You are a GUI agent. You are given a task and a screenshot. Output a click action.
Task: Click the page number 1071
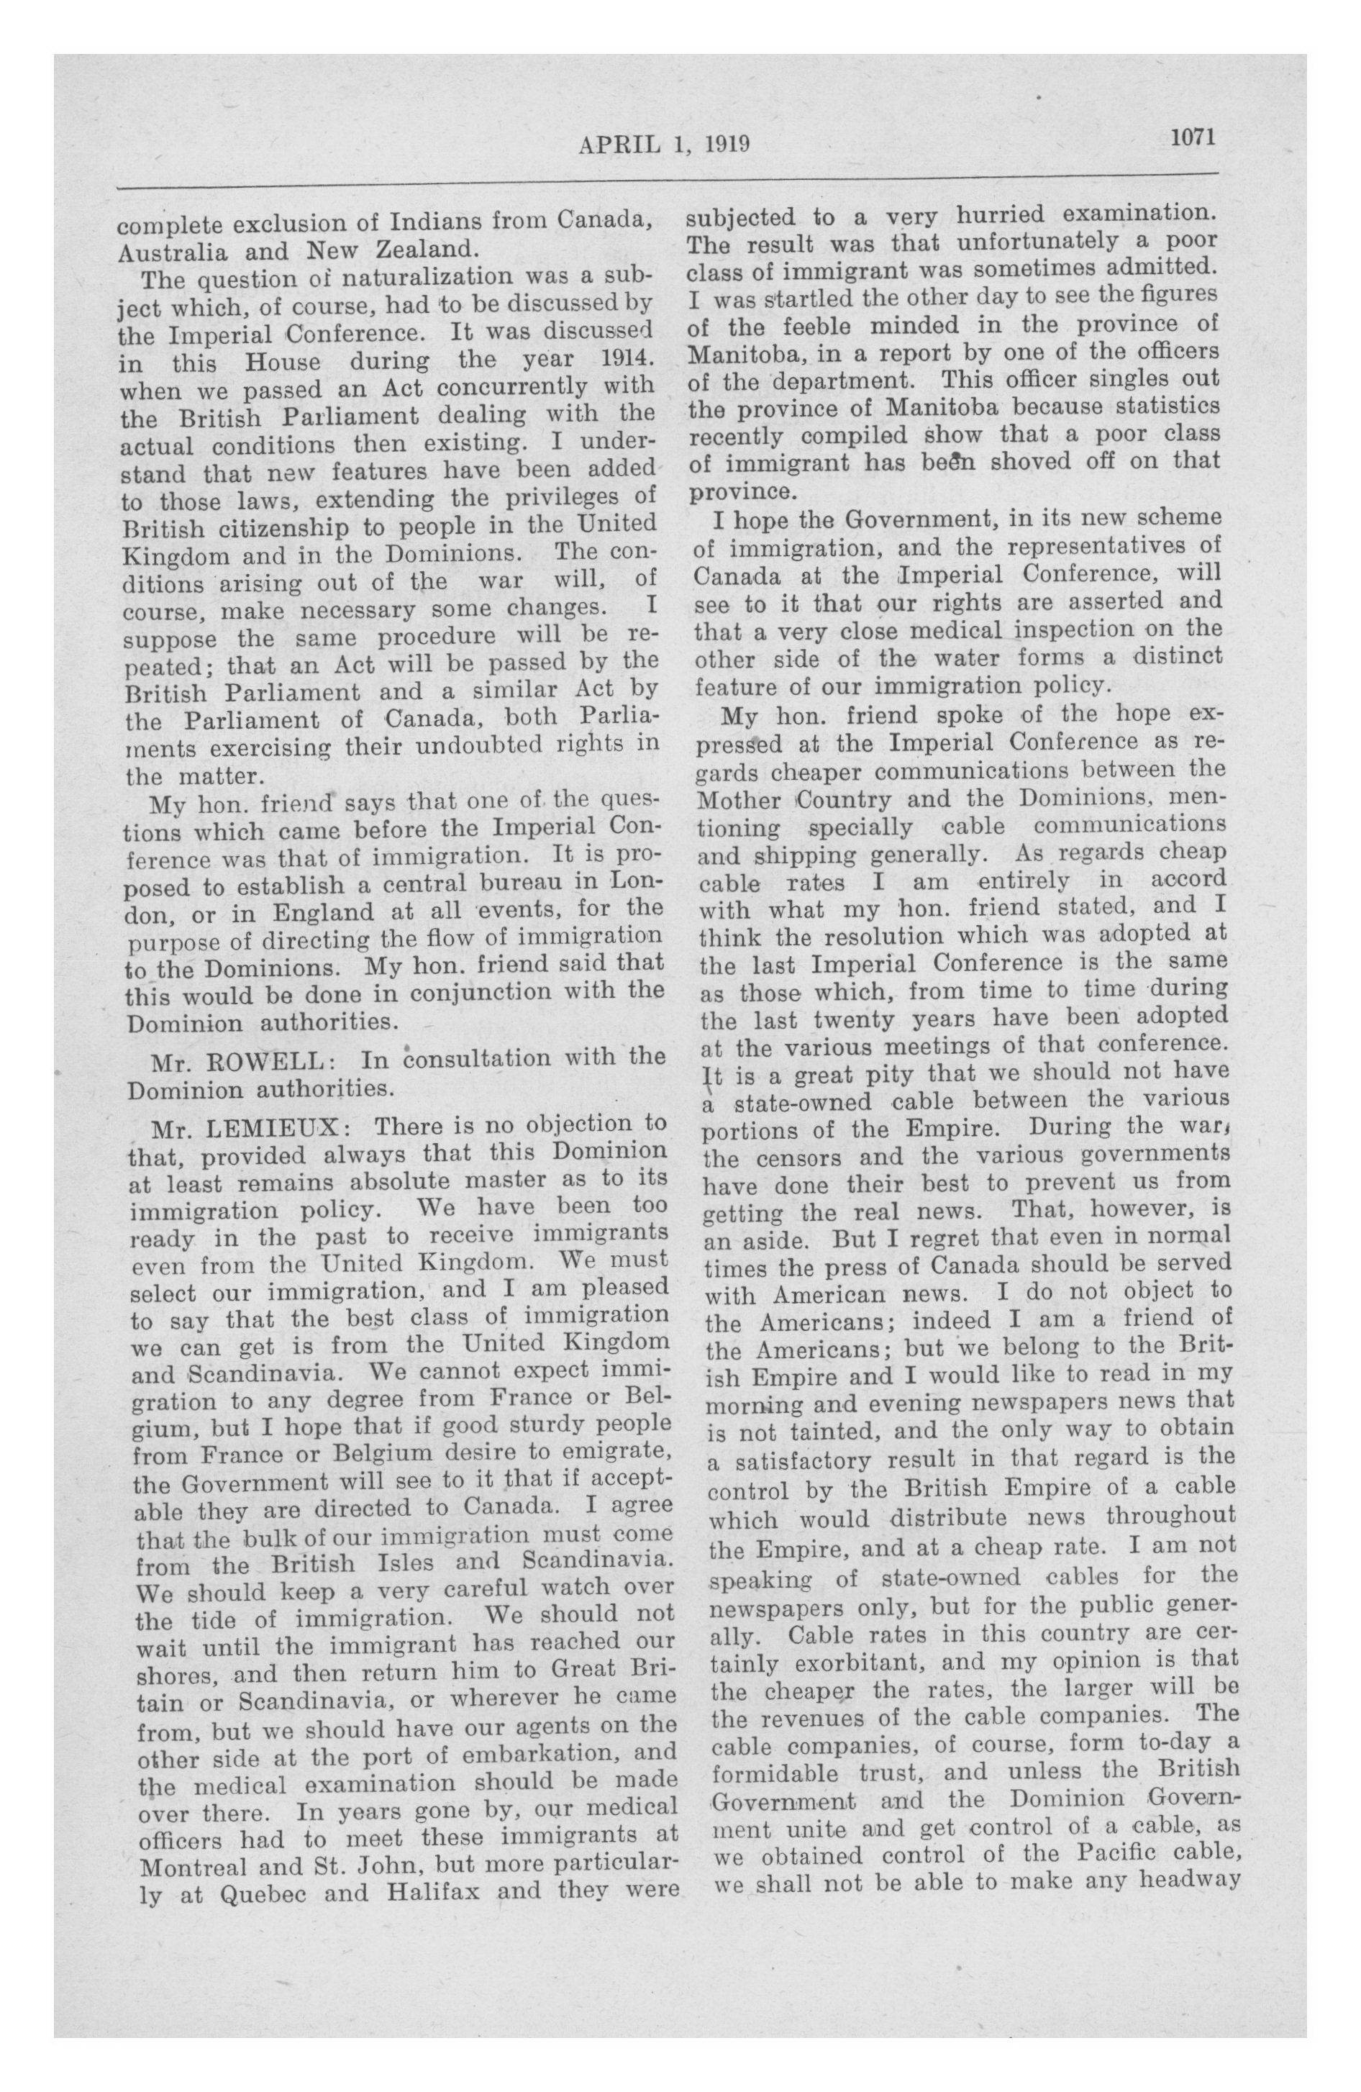coord(1191,138)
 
